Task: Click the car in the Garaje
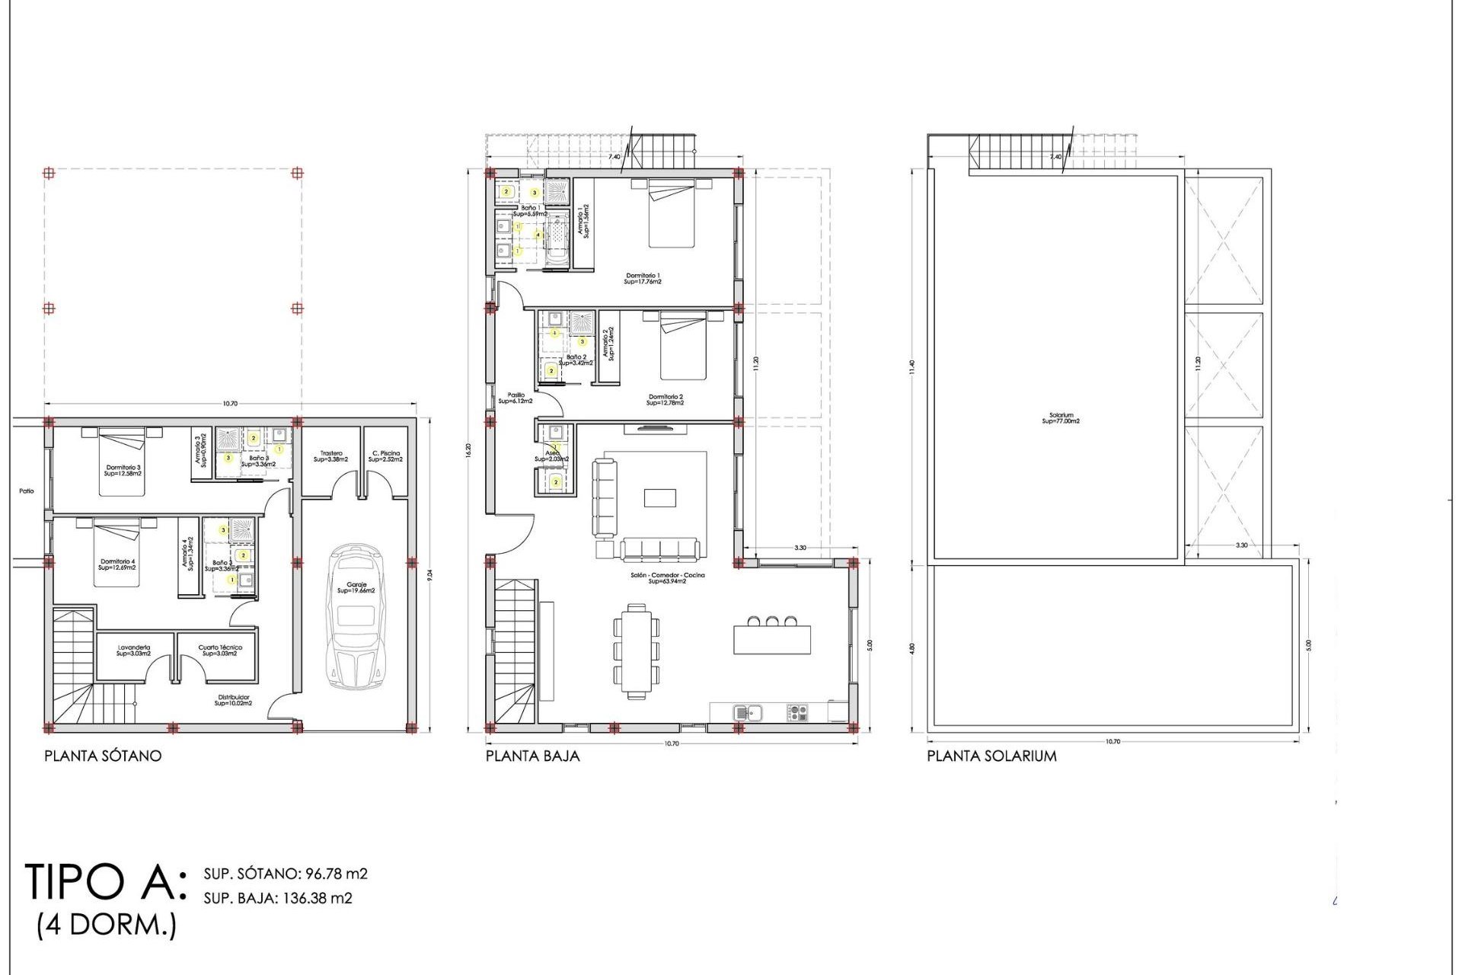click(x=356, y=617)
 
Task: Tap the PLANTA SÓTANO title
click(x=103, y=756)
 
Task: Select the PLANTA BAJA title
click(x=532, y=756)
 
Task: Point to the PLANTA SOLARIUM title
click(x=991, y=756)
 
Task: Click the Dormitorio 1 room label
click(x=643, y=278)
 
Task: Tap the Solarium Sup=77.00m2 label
click(x=1061, y=418)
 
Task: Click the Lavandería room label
click(x=133, y=651)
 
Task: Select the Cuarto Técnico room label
click(x=220, y=651)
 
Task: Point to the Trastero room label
click(x=331, y=456)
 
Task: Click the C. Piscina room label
click(x=385, y=456)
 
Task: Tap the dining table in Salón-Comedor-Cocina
click(x=636, y=651)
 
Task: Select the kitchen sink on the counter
click(x=748, y=713)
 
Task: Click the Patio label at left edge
click(x=27, y=491)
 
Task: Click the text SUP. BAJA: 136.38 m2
click(x=278, y=898)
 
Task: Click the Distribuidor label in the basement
click(x=232, y=699)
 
